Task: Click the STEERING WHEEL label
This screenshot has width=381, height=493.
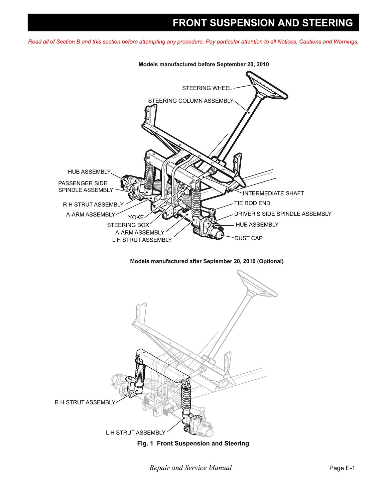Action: click(x=207, y=88)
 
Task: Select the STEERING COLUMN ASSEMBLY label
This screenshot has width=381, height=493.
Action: click(x=190, y=101)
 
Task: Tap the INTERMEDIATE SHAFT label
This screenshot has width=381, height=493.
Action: click(x=273, y=194)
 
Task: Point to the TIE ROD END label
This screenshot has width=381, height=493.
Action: click(x=252, y=203)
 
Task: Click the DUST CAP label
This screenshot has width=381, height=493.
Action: click(x=248, y=238)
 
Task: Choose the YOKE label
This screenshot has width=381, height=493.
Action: click(x=136, y=217)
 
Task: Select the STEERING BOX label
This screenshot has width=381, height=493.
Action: click(x=128, y=225)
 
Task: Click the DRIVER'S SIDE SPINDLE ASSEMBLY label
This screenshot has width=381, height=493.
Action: click(x=282, y=214)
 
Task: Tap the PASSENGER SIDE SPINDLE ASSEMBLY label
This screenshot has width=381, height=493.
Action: click(x=86, y=187)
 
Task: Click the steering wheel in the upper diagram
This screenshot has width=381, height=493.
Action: click(x=267, y=87)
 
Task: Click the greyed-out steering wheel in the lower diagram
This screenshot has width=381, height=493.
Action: click(x=257, y=283)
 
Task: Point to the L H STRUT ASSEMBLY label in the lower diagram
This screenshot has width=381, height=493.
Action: click(x=136, y=433)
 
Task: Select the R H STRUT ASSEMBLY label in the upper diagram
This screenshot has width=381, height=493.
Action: click(x=93, y=205)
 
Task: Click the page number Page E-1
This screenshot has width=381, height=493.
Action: click(x=342, y=468)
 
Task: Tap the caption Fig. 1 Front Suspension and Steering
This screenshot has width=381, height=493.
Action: click(x=193, y=444)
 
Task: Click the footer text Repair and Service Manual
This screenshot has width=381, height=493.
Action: click(x=190, y=468)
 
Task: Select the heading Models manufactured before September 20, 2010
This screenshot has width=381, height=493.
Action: click(x=204, y=65)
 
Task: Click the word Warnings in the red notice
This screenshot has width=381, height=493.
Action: click(x=346, y=42)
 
